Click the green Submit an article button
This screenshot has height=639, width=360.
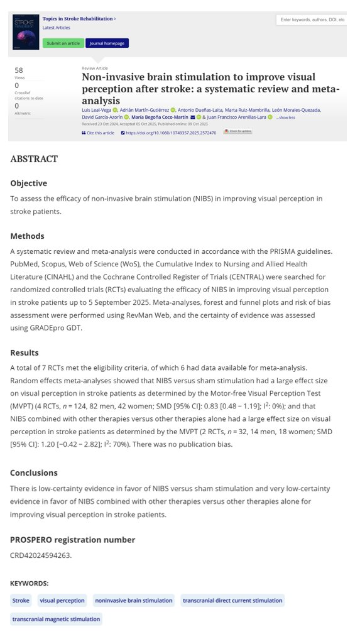(x=62, y=43)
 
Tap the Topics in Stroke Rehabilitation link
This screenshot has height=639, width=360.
(x=78, y=19)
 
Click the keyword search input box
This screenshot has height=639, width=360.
(x=311, y=20)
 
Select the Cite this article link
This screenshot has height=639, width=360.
(x=99, y=133)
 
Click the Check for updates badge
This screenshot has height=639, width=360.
(x=238, y=132)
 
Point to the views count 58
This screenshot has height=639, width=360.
(x=19, y=70)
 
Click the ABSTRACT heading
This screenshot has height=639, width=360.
(x=34, y=159)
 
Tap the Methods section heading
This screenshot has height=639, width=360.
(x=27, y=236)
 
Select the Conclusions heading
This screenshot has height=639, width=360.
(x=34, y=472)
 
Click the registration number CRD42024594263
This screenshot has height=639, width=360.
(x=41, y=555)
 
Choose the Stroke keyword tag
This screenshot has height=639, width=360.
(x=21, y=601)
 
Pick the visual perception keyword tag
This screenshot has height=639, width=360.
(x=62, y=601)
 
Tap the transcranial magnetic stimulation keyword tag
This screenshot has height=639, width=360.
(x=56, y=619)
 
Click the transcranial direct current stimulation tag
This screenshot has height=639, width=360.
(x=232, y=601)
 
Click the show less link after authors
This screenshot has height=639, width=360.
(x=286, y=117)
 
